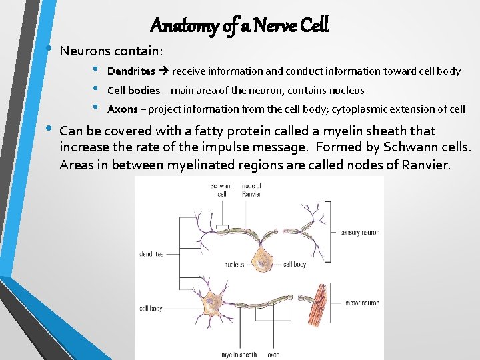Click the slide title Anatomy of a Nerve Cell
pyautogui.click(x=239, y=25)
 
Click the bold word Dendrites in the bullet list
pyautogui.click(x=131, y=71)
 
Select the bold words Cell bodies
pyautogui.click(x=133, y=90)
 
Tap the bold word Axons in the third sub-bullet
pyautogui.click(x=122, y=109)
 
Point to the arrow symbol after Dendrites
pyautogui.click(x=163, y=71)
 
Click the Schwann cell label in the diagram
pyautogui.click(x=222, y=190)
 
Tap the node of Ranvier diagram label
pyautogui.click(x=251, y=190)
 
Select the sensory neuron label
pyautogui.click(x=359, y=233)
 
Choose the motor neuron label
pyautogui.click(x=362, y=303)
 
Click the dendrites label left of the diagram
pyautogui.click(x=151, y=254)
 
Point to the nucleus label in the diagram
pyautogui.click(x=234, y=265)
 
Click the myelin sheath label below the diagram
pyautogui.click(x=239, y=355)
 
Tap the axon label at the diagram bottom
pyautogui.click(x=273, y=355)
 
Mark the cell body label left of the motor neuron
pyautogui.click(x=151, y=309)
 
